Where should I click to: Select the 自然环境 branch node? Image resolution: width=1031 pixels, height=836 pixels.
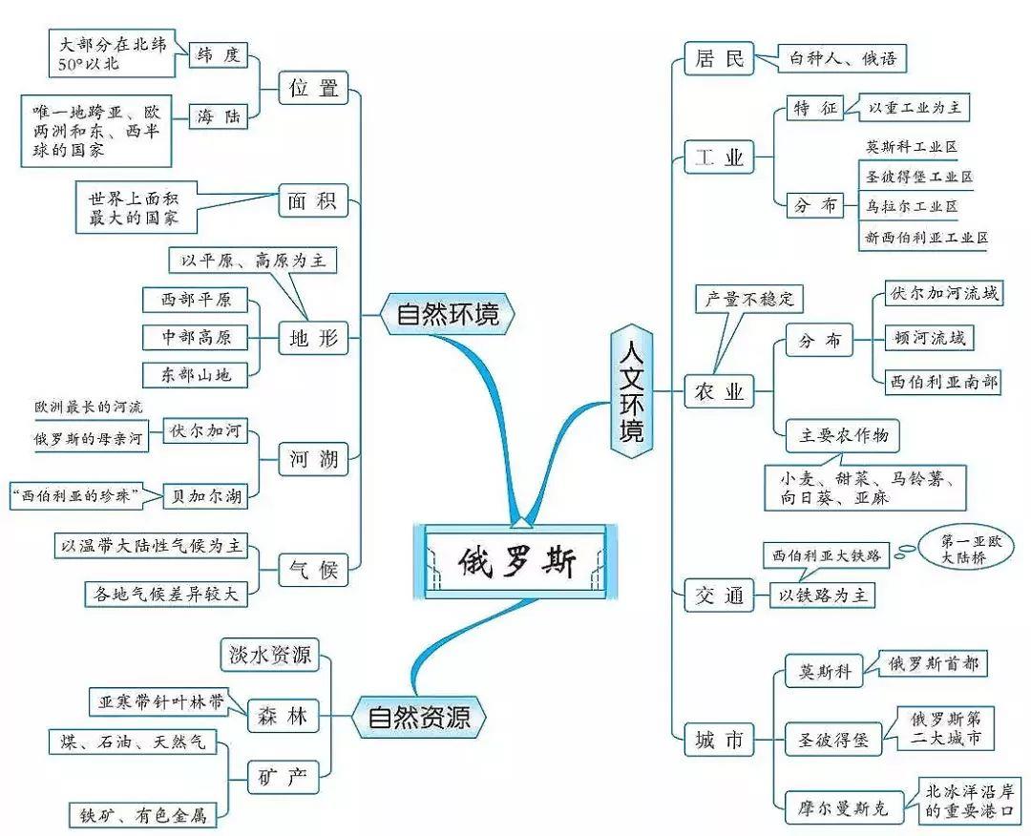coord(447,314)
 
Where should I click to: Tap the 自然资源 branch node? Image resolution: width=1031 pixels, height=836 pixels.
coord(419,716)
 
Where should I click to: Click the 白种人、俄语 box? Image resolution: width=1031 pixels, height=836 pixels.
coord(842,58)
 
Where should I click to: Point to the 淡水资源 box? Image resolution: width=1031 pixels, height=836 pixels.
coord(270,655)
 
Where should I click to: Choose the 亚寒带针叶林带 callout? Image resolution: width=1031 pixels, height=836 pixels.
coord(159,701)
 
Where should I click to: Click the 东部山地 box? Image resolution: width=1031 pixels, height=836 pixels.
coord(187,375)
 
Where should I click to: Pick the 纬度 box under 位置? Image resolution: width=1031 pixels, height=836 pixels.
coord(218,54)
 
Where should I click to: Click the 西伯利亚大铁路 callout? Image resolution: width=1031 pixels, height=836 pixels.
coord(827,554)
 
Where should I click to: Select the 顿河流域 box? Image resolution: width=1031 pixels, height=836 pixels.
coord(929,338)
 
